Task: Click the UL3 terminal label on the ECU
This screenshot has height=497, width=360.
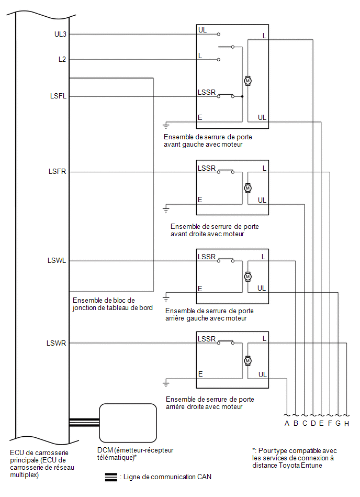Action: [60, 34]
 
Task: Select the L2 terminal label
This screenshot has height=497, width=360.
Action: [62, 59]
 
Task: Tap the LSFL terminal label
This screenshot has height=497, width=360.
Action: [58, 96]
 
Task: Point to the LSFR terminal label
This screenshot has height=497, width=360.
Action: [58, 171]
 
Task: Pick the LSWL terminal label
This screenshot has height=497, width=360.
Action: [57, 260]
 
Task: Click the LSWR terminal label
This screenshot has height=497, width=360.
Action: [57, 343]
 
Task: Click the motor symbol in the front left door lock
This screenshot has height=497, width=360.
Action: [248, 81]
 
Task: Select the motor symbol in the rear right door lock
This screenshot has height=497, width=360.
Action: [248, 361]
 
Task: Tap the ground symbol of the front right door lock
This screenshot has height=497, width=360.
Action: [166, 209]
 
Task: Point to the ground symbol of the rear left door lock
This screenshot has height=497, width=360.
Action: [166, 299]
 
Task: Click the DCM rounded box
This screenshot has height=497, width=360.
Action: [128, 423]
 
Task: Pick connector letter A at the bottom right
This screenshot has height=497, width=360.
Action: [287, 424]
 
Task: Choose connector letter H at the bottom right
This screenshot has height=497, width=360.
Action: [347, 424]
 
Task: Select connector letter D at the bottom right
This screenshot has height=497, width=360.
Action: [313, 424]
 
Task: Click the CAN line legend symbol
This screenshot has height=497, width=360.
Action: [111, 477]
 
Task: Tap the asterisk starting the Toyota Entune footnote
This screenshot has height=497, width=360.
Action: [254, 450]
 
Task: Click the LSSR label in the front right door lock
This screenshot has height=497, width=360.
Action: [207, 168]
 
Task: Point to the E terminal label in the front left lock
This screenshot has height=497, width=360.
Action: [200, 118]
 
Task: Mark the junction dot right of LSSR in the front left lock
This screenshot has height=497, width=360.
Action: [242, 96]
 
